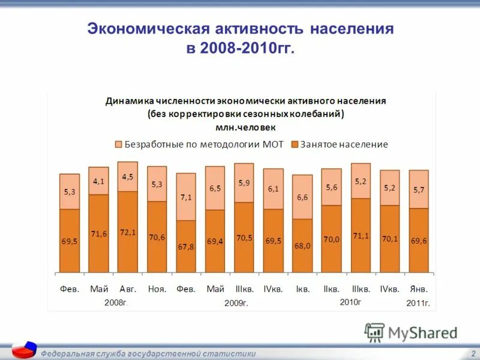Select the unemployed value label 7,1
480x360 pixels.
(186, 197)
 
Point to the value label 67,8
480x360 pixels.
(186, 247)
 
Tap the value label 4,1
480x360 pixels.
(99, 181)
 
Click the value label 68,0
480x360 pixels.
(302, 245)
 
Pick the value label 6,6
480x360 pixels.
(302, 197)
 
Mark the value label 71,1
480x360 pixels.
(361, 236)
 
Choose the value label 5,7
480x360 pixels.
(419, 190)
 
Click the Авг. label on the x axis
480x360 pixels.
(128, 289)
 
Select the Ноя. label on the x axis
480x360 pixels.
(157, 289)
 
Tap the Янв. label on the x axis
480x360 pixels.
(419, 289)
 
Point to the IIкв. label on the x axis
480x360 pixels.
(332, 289)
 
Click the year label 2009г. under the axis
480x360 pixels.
(236, 303)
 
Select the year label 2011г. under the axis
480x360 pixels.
(418, 303)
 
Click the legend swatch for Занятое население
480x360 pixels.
(295, 145)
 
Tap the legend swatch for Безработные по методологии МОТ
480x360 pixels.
(118, 145)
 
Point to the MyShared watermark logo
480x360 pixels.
(411, 332)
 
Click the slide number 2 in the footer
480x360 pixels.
(473, 354)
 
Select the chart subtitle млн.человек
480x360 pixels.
(246, 127)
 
